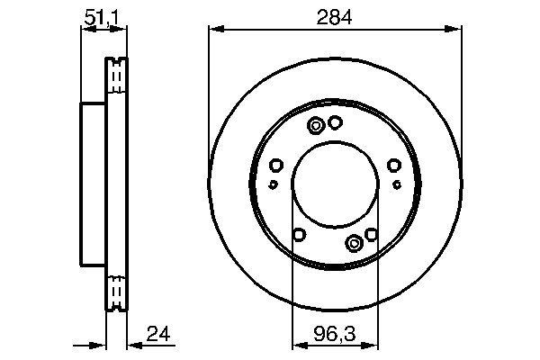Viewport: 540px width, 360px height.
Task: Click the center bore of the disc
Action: [335, 184]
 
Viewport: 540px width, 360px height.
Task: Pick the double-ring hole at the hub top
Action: [316, 126]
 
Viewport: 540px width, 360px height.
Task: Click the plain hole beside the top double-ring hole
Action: [335, 123]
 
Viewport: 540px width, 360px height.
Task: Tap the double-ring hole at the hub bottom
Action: [355, 241]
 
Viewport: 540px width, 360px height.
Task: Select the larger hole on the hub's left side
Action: [276, 165]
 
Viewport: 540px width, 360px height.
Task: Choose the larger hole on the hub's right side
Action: [393, 165]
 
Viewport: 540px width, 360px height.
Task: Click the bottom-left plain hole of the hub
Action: [299, 235]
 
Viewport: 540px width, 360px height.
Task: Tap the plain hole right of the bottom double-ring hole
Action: [371, 235]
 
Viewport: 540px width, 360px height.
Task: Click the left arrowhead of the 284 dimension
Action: [213, 30]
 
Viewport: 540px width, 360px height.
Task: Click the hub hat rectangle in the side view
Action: [94, 184]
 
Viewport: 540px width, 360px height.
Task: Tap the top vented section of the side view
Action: [114, 76]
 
